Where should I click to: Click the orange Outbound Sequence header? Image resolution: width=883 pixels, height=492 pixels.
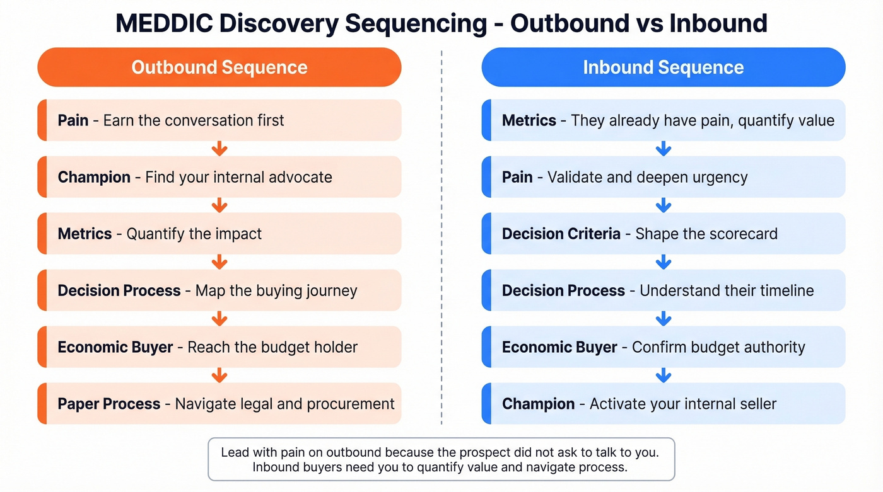219,67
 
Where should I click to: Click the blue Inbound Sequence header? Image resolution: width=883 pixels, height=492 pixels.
663,67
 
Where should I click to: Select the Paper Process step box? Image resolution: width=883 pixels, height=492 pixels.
219,404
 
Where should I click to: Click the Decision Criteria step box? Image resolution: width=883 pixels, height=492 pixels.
663,234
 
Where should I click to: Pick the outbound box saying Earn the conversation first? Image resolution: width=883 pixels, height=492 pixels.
219,120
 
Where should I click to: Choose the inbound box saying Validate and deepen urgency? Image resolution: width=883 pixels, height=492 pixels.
663,177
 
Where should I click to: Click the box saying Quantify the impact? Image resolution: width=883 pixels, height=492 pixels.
219,234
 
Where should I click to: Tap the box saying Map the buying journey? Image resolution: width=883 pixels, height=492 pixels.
219,290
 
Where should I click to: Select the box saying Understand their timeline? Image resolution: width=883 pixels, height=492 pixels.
663,290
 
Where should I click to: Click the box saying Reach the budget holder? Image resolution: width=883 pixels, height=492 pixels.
219,347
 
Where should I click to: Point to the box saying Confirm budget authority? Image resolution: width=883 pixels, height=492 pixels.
663,347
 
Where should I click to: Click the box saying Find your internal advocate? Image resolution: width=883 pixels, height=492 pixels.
219,177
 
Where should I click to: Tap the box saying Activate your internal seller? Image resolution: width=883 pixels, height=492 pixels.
663,404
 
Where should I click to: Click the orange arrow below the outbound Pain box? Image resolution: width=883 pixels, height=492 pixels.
219,149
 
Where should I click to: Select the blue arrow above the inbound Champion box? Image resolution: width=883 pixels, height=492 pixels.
663,375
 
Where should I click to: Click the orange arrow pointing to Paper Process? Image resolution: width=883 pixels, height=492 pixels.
219,375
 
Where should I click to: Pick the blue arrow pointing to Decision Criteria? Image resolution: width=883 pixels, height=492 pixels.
663,205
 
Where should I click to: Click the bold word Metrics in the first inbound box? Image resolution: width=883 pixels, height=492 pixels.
529,120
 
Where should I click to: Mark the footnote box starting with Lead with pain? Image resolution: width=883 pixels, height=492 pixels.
441,459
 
